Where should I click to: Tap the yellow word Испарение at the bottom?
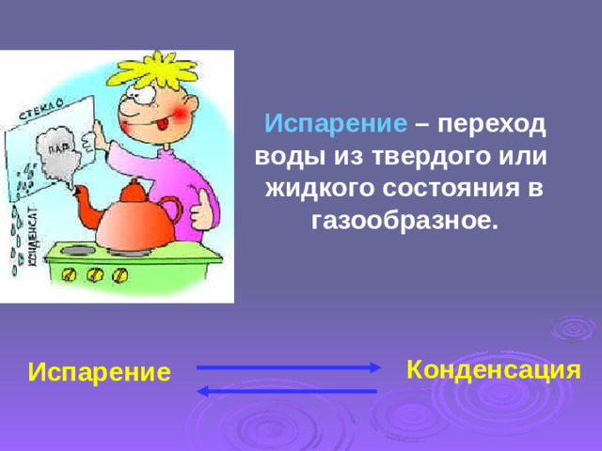coord(100,372)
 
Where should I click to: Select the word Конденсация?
coord(492,369)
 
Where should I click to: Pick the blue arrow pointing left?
coord(288,390)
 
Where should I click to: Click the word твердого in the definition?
coord(424,157)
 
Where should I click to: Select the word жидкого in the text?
coord(321,189)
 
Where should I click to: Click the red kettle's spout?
coord(84,201)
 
